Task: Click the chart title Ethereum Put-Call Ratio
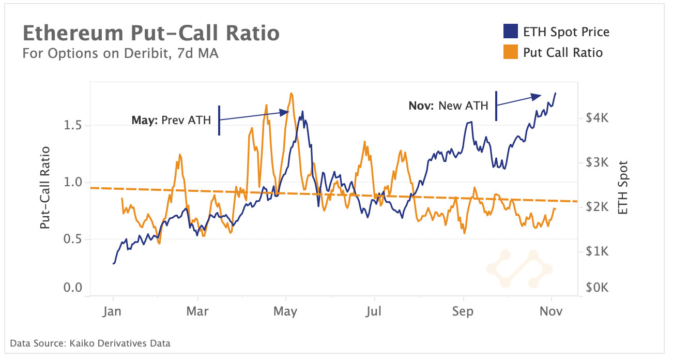point(151,33)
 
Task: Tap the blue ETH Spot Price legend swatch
point(510,32)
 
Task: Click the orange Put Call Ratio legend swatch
point(510,52)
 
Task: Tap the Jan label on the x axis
point(113,312)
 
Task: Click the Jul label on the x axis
point(373,312)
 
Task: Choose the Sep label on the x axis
point(463,312)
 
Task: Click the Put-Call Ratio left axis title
point(46,187)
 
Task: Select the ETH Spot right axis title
point(623,187)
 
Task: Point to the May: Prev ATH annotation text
point(171,121)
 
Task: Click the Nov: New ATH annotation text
point(448,106)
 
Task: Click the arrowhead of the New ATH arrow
point(538,96)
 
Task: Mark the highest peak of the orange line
point(292,94)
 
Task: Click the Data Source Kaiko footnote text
point(90,343)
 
